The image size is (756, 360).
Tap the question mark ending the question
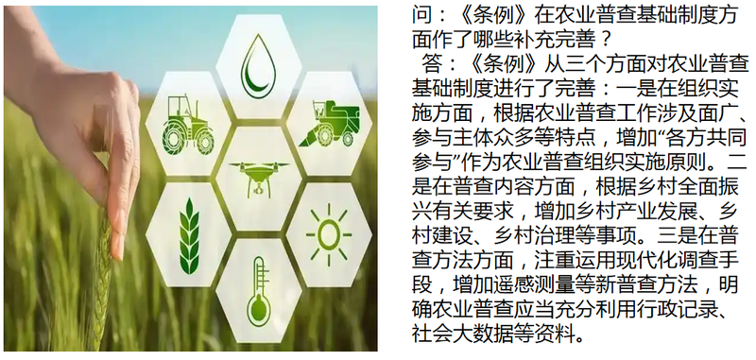(606, 41)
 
